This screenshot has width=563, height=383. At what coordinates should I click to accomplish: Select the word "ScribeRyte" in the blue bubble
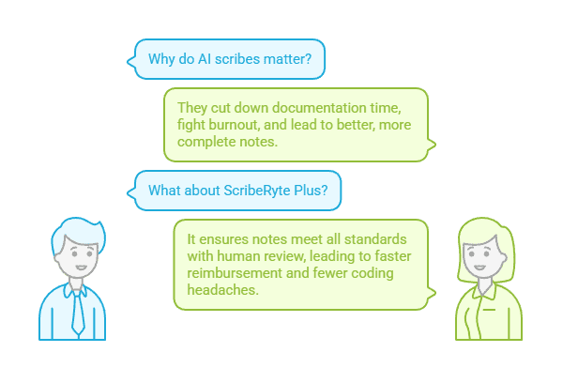(257, 191)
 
